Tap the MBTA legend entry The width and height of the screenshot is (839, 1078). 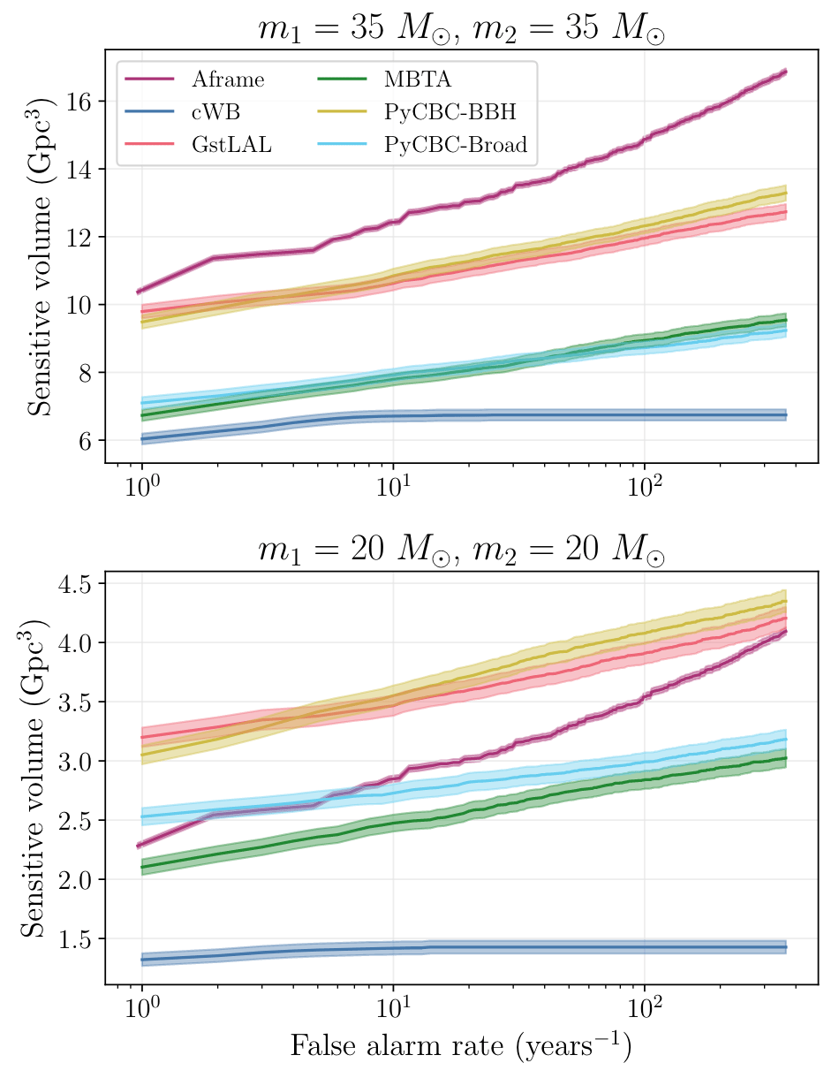point(418,80)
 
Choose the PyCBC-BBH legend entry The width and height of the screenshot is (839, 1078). point(450,112)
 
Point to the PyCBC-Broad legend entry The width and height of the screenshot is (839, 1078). point(455,145)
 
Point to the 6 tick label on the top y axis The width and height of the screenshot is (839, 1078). point(87,440)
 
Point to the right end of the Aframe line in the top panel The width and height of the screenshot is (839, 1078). point(785,72)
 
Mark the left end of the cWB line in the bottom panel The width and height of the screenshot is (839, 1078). point(141,960)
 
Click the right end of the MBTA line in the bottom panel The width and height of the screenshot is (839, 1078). point(785,758)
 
